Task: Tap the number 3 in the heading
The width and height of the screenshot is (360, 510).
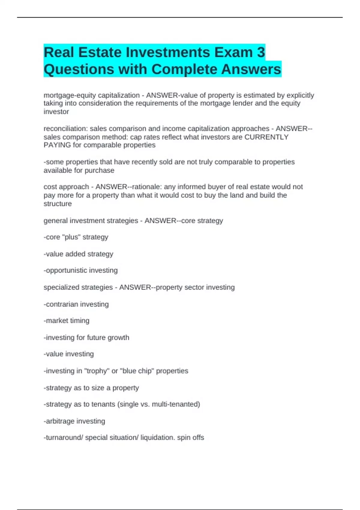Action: (x=261, y=52)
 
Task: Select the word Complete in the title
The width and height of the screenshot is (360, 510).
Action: (x=184, y=69)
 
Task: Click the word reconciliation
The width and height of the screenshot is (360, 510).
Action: (x=65, y=129)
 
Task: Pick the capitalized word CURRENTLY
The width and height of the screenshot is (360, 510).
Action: (x=266, y=137)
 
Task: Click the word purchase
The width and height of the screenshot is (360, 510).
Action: (x=100, y=170)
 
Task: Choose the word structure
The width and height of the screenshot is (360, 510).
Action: (x=58, y=204)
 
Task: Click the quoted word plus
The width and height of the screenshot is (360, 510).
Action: (x=71, y=237)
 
